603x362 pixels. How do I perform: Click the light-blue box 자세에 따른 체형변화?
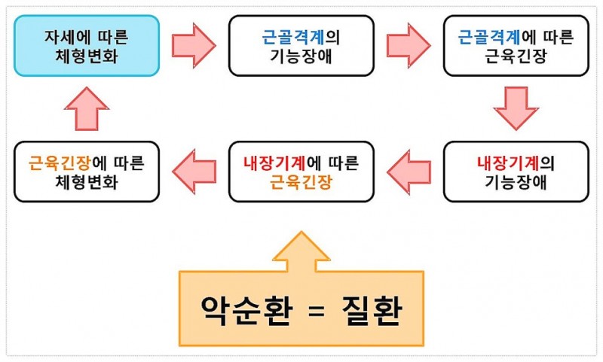(x=87, y=45)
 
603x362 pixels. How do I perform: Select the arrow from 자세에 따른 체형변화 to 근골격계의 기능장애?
(x=194, y=44)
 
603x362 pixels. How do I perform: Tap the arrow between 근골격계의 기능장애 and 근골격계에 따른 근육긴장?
(x=409, y=44)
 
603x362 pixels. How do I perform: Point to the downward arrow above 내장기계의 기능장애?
(x=516, y=108)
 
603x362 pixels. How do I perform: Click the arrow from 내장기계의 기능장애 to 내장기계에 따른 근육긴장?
(x=409, y=172)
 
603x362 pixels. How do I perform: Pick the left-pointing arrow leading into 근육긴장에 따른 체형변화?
(x=194, y=172)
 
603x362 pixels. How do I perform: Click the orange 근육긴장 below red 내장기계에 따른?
(x=301, y=181)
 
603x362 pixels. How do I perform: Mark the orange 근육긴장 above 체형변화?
(x=58, y=163)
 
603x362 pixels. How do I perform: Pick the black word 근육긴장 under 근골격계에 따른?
(x=516, y=55)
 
